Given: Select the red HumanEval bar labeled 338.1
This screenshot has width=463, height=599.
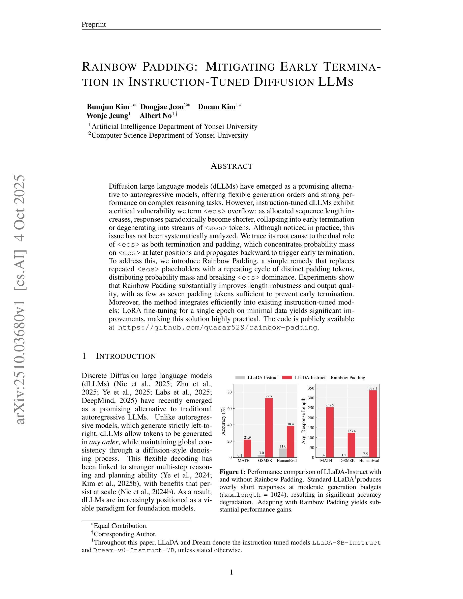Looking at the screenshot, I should coord(373,424).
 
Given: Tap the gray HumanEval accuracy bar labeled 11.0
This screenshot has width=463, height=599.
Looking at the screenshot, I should coord(283,453).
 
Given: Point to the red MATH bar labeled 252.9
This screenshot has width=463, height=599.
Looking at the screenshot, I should coord(330,432).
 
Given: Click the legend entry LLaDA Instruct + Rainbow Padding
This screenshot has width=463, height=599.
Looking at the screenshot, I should coord(329,378).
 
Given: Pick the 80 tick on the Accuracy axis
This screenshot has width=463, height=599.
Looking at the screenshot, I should coord(229,392).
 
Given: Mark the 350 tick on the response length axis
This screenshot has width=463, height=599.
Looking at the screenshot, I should coord(310,388).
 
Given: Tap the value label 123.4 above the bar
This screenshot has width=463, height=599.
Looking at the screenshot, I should coord(351,431).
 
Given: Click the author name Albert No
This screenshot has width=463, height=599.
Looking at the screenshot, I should coord(156,116).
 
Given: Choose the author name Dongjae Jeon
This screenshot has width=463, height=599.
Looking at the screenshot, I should coord(162,107).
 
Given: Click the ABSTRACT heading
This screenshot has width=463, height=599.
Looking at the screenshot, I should coord(231,166).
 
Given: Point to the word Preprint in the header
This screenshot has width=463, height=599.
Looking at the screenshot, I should coord(94,25).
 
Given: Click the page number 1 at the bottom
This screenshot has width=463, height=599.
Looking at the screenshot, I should coord(231,572).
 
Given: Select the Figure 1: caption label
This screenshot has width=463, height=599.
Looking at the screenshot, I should coord(233,472).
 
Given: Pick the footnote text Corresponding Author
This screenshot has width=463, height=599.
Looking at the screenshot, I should coord(125,534).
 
